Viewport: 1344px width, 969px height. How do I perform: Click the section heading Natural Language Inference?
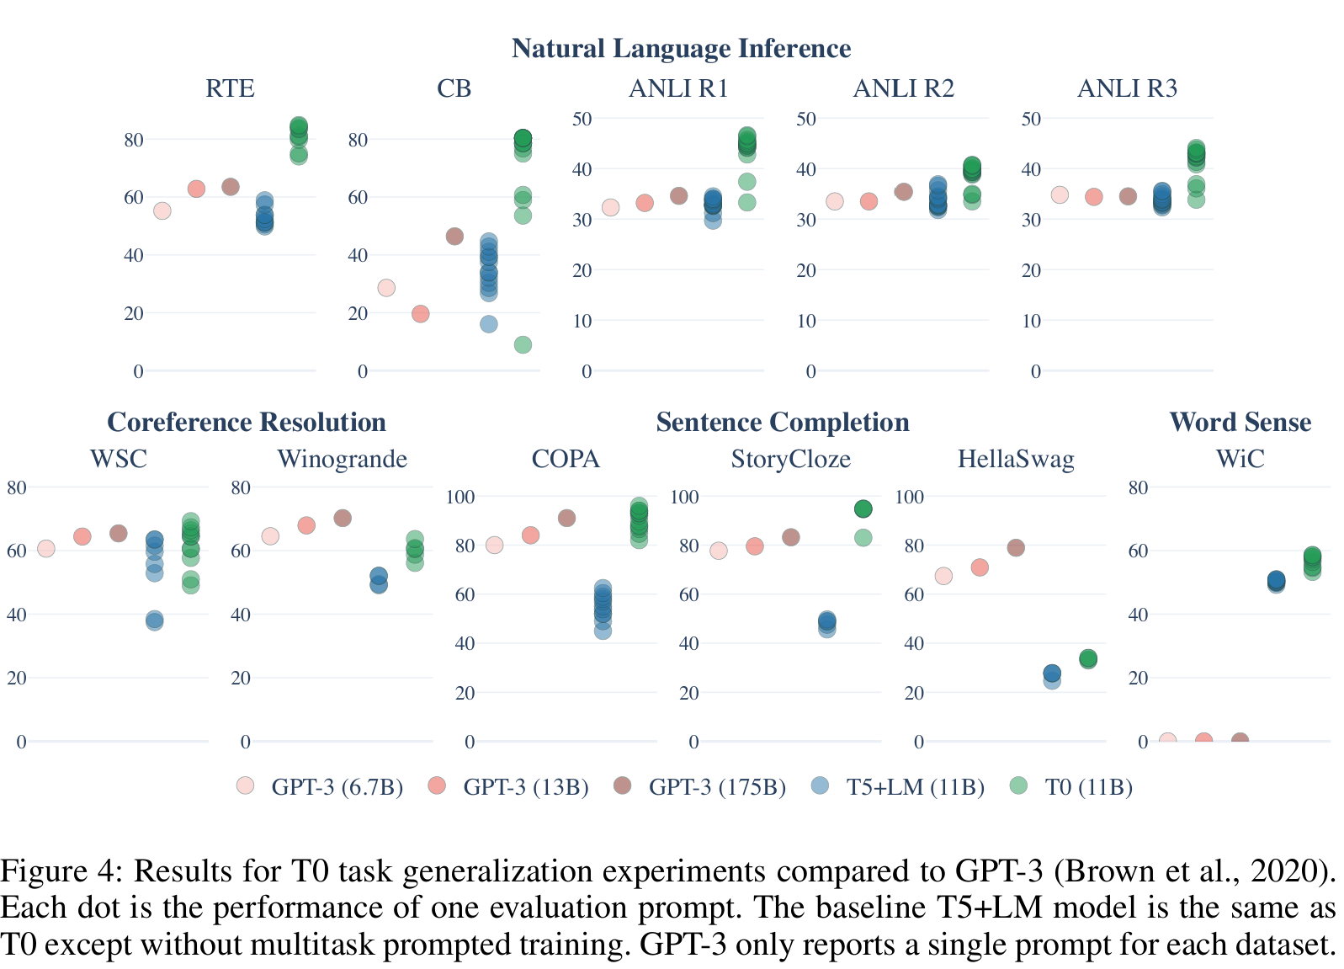click(x=681, y=48)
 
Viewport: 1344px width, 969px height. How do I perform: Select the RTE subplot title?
click(x=230, y=88)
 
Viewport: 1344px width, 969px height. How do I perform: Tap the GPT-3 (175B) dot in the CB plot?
click(x=454, y=237)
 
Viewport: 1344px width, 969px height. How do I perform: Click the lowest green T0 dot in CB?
click(x=523, y=344)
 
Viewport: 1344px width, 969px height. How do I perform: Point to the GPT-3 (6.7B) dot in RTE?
click(x=162, y=210)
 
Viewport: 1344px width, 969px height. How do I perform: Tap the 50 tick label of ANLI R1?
click(x=582, y=119)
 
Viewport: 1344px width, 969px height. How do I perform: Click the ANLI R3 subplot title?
click(x=1127, y=88)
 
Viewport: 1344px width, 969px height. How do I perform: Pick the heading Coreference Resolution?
click(x=247, y=422)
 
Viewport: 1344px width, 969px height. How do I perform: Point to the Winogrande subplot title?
click(x=342, y=459)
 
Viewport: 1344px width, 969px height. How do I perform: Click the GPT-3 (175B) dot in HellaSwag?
click(x=1016, y=548)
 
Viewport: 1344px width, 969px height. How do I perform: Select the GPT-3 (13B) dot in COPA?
click(x=530, y=535)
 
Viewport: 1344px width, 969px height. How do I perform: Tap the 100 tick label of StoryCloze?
click(x=684, y=497)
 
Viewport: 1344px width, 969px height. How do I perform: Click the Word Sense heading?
click(x=1240, y=422)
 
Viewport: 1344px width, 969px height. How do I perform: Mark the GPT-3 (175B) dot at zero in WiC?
click(x=1240, y=741)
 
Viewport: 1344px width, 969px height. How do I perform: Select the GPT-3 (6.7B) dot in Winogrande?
click(x=270, y=536)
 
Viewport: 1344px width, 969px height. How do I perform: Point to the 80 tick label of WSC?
click(x=17, y=487)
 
